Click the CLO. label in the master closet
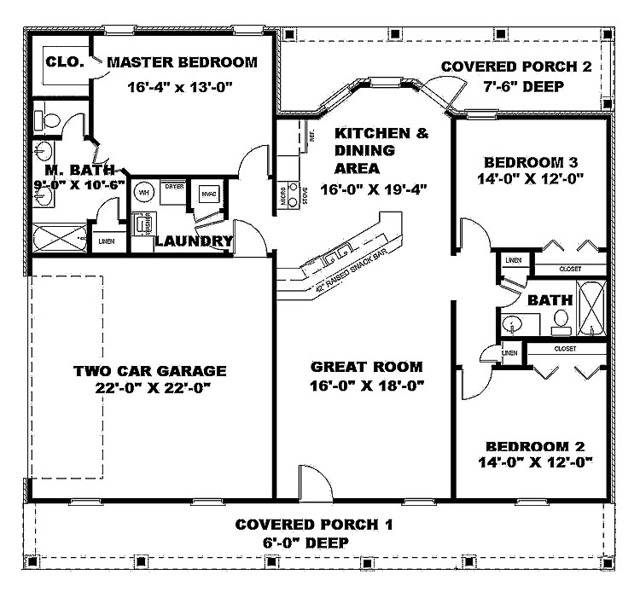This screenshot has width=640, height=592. pos(64,61)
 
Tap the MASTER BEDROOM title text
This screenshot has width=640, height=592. pos(182,62)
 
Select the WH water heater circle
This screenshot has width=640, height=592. pos(144,192)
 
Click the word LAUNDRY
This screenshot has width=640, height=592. pos(194,241)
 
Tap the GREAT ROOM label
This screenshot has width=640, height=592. pos(366,367)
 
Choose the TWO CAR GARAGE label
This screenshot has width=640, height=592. pos(149,371)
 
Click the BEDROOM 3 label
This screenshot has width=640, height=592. pos(537,162)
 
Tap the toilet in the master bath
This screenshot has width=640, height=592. pos(44,122)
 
